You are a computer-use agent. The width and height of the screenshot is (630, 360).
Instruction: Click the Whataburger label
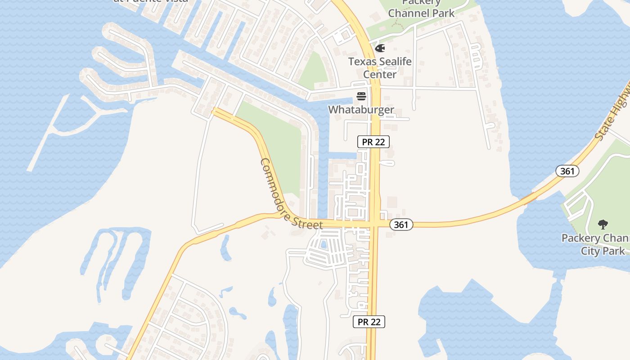point(361,109)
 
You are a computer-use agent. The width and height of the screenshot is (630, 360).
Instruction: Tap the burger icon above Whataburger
point(361,96)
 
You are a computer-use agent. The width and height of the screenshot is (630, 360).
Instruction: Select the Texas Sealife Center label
point(380,67)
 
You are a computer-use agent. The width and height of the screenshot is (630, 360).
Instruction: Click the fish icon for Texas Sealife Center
point(380,48)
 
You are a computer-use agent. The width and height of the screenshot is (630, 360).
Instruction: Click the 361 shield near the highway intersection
point(400,225)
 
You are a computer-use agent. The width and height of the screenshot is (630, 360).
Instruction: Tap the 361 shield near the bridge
point(567,171)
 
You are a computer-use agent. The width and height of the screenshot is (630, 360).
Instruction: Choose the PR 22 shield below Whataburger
point(373,142)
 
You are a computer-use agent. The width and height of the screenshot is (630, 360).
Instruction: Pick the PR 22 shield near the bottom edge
point(369,322)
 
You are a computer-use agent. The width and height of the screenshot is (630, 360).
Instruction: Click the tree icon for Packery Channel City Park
point(603,224)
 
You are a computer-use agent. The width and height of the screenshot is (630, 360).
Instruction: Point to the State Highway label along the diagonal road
point(612,112)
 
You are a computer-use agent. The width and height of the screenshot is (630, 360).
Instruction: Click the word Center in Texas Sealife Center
point(380,74)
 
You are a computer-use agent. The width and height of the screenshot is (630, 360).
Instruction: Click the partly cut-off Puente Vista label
point(151,1)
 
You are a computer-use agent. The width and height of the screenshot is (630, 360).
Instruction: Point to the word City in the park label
point(590,251)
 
